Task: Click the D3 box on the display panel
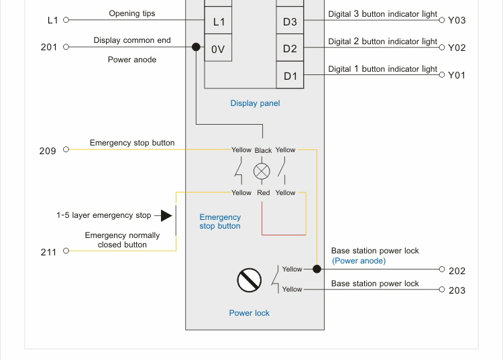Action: (290, 21)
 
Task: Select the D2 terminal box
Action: (290, 48)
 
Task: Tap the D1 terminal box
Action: (290, 76)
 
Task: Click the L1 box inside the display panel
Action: (219, 21)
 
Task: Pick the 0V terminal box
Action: (219, 49)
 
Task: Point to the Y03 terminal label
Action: (457, 20)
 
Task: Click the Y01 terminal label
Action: (457, 75)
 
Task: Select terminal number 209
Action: (48, 151)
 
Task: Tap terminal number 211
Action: (48, 252)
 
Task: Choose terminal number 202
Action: (457, 271)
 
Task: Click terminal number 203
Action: (457, 290)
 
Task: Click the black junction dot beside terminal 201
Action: (196, 47)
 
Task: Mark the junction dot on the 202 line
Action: (317, 269)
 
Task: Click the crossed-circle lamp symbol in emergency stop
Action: (262, 171)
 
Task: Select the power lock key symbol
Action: (249, 280)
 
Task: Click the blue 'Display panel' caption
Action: (255, 103)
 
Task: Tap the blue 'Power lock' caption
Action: (249, 313)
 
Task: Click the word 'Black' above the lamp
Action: (263, 150)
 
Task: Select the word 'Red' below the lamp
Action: (263, 193)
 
